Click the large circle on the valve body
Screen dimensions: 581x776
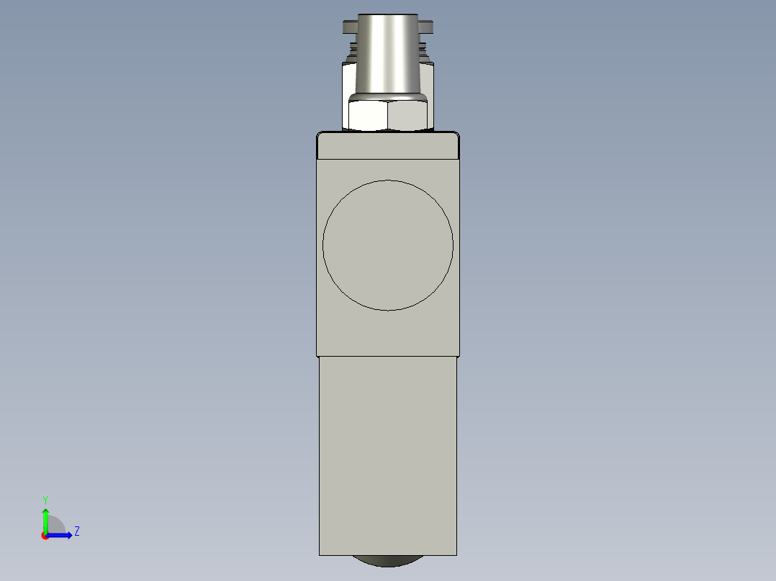(388, 245)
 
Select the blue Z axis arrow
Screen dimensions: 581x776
(61, 535)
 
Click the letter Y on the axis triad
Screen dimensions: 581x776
(45, 500)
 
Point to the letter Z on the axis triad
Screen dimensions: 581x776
(76, 531)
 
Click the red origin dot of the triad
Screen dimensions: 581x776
(45, 536)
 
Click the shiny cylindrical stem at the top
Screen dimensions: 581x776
(389, 54)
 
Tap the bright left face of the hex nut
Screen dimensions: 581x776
(369, 115)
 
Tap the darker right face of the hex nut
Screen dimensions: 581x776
(410, 115)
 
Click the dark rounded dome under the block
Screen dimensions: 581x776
(388, 560)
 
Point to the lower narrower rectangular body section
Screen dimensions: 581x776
(388, 453)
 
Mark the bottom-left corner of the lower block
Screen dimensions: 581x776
(320, 554)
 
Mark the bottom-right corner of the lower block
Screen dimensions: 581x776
(456, 554)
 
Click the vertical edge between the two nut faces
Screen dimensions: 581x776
(389, 115)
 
